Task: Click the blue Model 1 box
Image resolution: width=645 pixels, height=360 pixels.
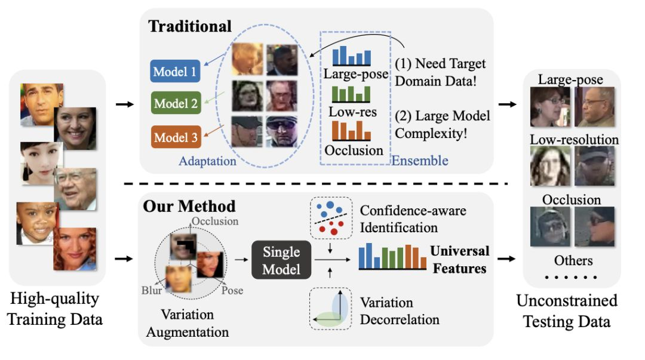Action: point(175,72)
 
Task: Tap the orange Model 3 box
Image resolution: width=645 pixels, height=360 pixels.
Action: point(175,138)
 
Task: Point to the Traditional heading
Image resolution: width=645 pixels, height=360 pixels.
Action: point(190,26)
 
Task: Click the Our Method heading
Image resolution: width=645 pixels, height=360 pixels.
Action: point(189,207)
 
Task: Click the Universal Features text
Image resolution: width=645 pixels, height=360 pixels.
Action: point(459,260)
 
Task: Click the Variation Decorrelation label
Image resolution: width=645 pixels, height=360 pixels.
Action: point(400,311)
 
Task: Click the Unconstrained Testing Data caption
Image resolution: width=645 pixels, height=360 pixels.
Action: point(567,310)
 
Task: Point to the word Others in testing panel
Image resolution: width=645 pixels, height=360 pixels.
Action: point(573,260)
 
